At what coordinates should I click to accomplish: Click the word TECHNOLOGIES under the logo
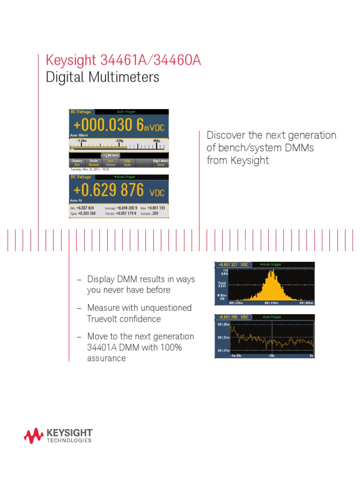click(69, 441)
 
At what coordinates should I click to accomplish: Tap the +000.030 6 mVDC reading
click(118, 126)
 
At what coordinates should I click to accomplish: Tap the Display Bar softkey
click(77, 163)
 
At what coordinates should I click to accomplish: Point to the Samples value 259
click(155, 213)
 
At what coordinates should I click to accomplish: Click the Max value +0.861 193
click(156, 208)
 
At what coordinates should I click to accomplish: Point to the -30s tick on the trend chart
click(271, 356)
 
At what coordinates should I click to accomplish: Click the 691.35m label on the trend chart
click(223, 324)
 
